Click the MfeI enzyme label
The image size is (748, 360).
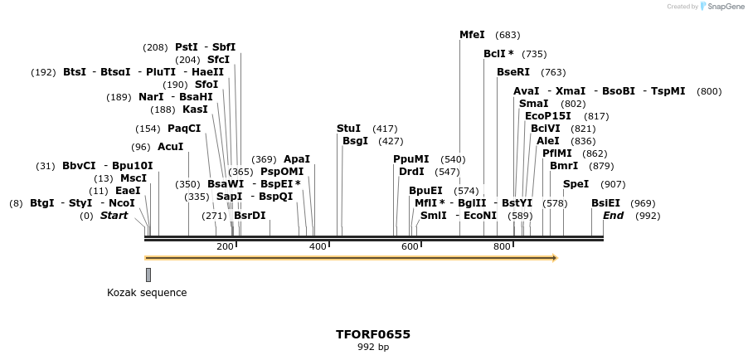click(472, 35)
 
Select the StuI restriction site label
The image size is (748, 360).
click(348, 129)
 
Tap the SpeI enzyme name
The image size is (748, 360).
click(576, 184)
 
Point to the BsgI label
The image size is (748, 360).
click(355, 141)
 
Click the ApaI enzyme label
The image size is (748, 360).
click(296, 159)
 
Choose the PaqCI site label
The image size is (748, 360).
click(184, 129)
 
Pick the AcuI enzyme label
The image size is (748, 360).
click(170, 147)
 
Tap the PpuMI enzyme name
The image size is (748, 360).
click(411, 159)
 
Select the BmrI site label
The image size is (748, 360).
click(564, 166)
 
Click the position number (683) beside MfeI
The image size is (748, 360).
click(508, 35)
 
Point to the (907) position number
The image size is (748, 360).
click(613, 184)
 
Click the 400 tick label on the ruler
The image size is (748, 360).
click(318, 247)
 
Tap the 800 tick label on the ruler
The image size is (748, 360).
click(503, 247)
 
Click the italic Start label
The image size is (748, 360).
click(114, 216)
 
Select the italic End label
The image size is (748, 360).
click(613, 216)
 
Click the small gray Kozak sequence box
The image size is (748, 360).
click(148, 275)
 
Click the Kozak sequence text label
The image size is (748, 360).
click(147, 293)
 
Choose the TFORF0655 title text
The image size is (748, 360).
click(373, 334)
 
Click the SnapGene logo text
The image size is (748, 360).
click(726, 7)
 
